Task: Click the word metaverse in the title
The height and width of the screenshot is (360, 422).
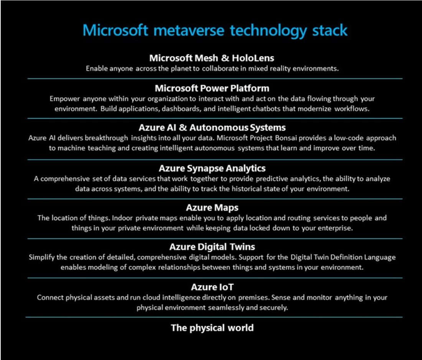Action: tap(189, 30)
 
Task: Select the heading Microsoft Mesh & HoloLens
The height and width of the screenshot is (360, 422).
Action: tap(212, 58)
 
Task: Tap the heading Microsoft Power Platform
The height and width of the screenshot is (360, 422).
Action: tap(212, 88)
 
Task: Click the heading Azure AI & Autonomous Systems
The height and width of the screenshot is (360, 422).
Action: tap(212, 127)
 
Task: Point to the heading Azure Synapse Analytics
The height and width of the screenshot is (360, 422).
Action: tap(212, 168)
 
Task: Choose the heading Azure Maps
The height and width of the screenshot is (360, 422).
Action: tap(212, 208)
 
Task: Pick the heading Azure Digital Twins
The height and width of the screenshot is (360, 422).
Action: tap(212, 247)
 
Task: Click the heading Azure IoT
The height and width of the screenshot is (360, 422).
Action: tap(212, 287)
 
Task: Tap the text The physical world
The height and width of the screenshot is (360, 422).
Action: tap(212, 328)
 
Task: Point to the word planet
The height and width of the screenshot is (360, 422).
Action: tap(181, 69)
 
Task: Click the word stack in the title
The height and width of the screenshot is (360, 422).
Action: tap(330, 30)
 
